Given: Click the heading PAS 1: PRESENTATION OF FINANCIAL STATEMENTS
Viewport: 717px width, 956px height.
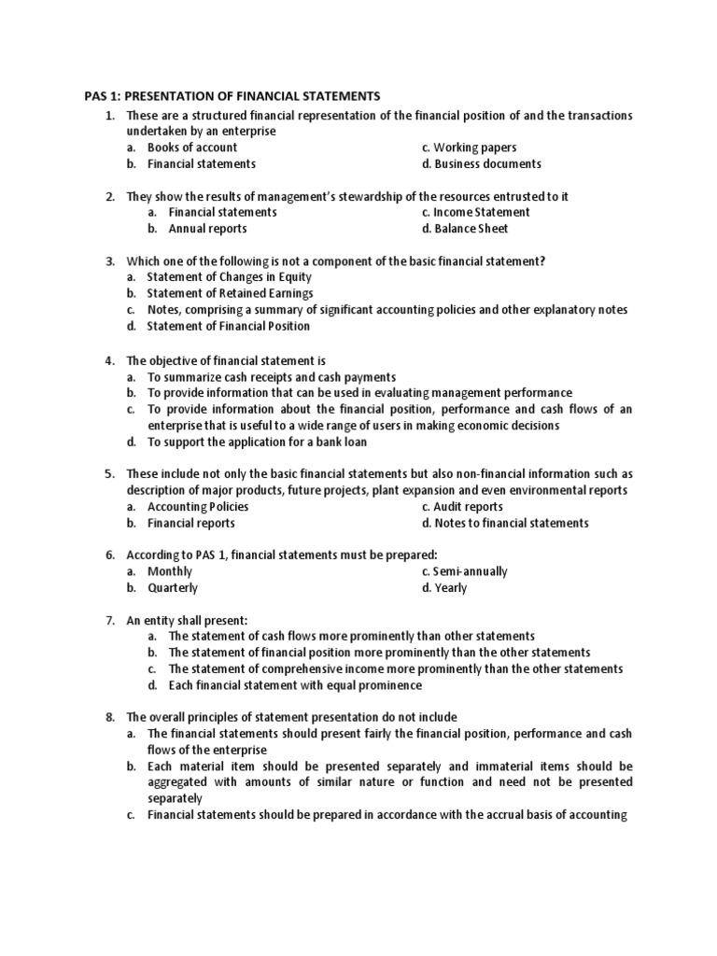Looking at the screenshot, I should click(227, 96).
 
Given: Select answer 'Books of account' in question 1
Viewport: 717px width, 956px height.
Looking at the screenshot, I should click(192, 148).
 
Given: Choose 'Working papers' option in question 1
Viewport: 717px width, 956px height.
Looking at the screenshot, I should click(474, 148).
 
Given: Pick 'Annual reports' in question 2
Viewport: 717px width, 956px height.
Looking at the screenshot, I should click(207, 229).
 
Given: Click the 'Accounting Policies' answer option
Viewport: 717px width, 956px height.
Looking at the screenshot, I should click(198, 507).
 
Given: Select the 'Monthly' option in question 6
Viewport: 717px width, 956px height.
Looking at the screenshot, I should click(170, 571).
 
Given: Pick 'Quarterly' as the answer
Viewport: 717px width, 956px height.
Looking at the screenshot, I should click(173, 588).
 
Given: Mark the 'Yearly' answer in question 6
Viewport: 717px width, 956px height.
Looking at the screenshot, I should click(450, 588).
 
